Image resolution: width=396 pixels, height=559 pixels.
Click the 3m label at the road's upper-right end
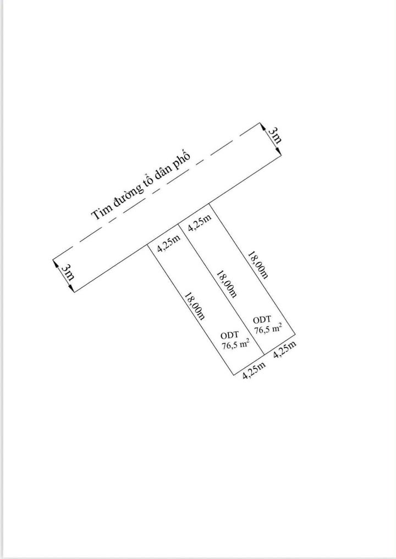(274, 135)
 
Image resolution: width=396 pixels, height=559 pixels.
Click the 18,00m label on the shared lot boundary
(227, 284)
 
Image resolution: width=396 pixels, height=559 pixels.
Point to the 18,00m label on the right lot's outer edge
(257, 265)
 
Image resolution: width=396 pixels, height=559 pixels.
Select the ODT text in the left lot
(229, 335)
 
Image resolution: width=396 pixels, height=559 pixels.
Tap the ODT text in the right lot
(262, 319)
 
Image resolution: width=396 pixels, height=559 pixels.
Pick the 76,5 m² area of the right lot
(268, 329)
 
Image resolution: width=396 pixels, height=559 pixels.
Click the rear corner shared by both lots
(265, 354)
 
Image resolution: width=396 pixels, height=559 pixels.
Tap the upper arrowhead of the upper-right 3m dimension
(260, 124)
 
